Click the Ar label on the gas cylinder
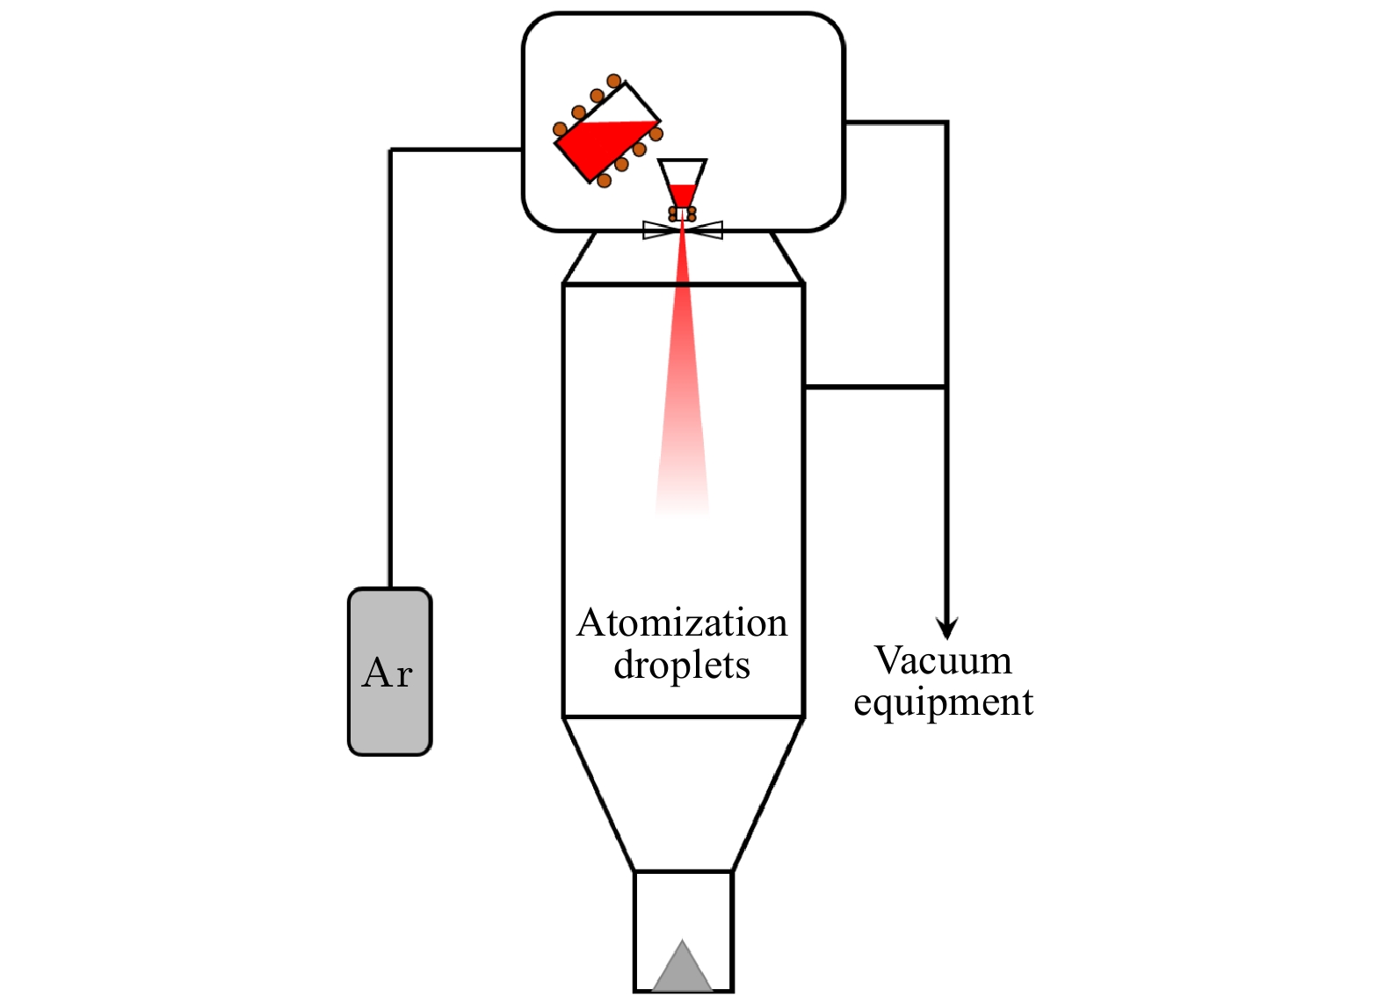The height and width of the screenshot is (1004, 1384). tap(388, 673)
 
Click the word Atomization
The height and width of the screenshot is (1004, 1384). tap(682, 623)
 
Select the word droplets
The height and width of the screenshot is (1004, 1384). tap(682, 666)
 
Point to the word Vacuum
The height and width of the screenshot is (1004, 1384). tap(943, 661)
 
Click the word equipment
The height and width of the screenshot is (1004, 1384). tap(943, 702)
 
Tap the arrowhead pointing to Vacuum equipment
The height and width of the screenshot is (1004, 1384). tap(946, 628)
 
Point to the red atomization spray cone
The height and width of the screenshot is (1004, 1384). tap(683, 396)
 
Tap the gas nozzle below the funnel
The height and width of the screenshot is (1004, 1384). tap(683, 230)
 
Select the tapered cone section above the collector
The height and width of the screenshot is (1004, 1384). tap(683, 791)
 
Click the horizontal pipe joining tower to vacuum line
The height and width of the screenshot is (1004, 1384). tap(874, 386)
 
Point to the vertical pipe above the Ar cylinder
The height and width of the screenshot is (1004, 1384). tap(390, 369)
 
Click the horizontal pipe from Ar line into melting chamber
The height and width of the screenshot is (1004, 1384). tap(457, 150)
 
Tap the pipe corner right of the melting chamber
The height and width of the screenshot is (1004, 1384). tap(946, 123)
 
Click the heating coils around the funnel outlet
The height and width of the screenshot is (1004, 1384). tap(682, 214)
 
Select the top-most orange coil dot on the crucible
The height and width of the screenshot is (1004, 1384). tap(614, 82)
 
